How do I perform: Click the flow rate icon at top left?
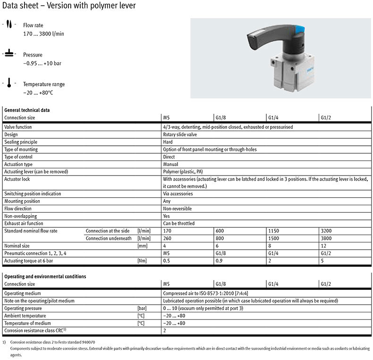click(8, 25)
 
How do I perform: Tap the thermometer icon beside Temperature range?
click(8, 84)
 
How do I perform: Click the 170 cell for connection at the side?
click(167, 231)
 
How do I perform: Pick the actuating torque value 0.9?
click(219, 260)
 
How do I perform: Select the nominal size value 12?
click(323, 246)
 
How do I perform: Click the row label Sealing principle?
click(21, 142)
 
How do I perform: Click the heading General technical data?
click(26, 110)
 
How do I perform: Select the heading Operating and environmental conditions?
click(45, 276)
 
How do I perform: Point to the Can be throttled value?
click(178, 223)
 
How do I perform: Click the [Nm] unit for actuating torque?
click(140, 260)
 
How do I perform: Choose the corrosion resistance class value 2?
click(164, 331)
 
